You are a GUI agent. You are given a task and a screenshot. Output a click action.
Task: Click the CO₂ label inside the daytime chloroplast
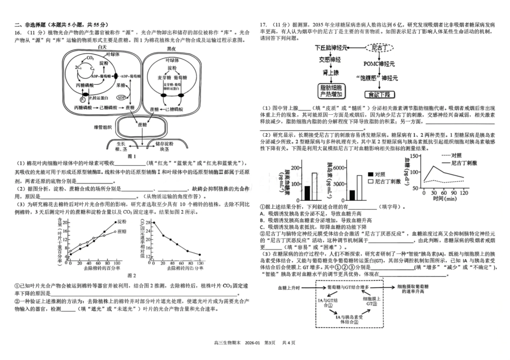click(x=91, y=58)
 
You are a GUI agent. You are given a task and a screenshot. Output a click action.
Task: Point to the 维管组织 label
click(x=103, y=127)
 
